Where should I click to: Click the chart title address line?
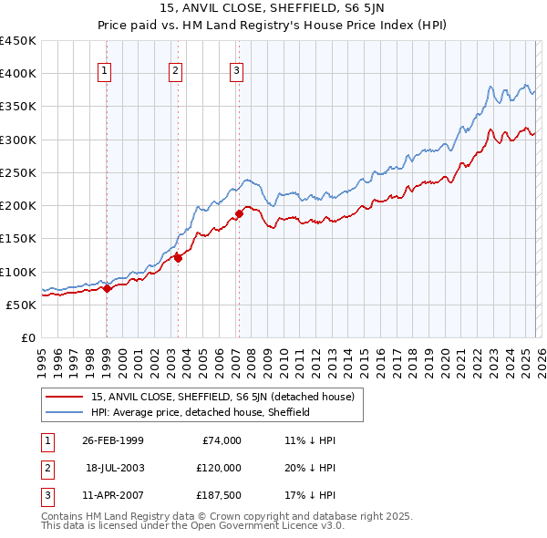point(273,8)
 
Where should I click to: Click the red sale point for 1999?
point(107,288)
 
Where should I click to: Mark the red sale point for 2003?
point(178,258)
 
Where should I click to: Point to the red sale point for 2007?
point(239,213)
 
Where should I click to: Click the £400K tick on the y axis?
point(18,74)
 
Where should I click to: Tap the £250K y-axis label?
point(18,172)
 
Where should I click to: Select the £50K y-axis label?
point(21,305)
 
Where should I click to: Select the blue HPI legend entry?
point(201,412)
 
